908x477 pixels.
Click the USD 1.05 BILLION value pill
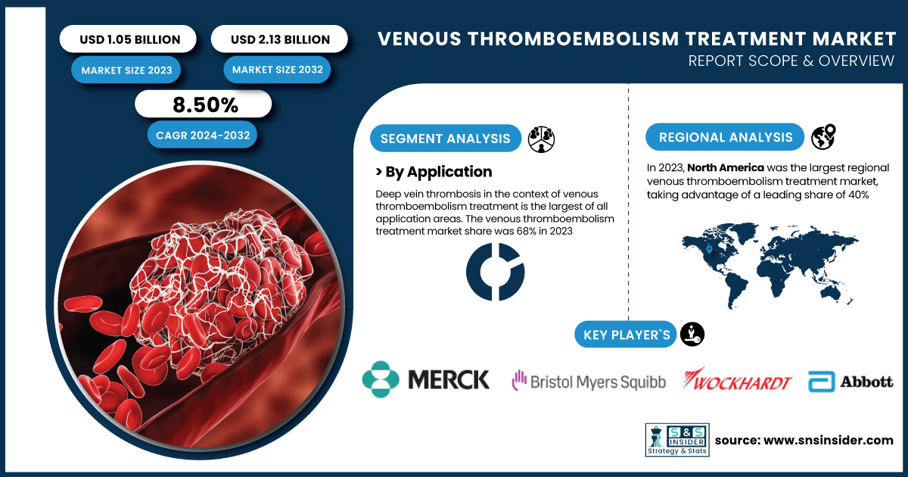pyautogui.click(x=128, y=39)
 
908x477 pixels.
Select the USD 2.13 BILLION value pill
pyautogui.click(x=279, y=39)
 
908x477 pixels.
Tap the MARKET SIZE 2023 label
pyautogui.click(x=126, y=70)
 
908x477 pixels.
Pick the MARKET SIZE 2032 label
pyautogui.click(x=277, y=70)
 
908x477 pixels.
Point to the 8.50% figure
pyautogui.click(x=205, y=104)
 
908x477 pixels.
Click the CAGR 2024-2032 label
pyautogui.click(x=202, y=135)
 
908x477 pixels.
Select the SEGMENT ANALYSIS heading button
pyautogui.click(x=446, y=139)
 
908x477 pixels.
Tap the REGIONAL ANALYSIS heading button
pyautogui.click(x=725, y=137)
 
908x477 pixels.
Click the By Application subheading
pyautogui.click(x=434, y=172)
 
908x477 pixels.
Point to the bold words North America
pyautogui.click(x=726, y=167)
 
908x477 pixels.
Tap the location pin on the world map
pyautogui.click(x=709, y=249)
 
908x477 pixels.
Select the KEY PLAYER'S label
pyautogui.click(x=626, y=335)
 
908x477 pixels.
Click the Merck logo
pyautogui.click(x=425, y=379)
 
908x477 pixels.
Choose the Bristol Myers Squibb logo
pyautogui.click(x=589, y=381)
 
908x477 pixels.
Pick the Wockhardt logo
pyautogui.click(x=736, y=379)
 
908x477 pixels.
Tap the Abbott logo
pyautogui.click(x=850, y=382)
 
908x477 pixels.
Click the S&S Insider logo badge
pyautogui.click(x=677, y=440)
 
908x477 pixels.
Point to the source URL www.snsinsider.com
pyautogui.click(x=828, y=440)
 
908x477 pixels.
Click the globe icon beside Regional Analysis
pyautogui.click(x=823, y=137)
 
